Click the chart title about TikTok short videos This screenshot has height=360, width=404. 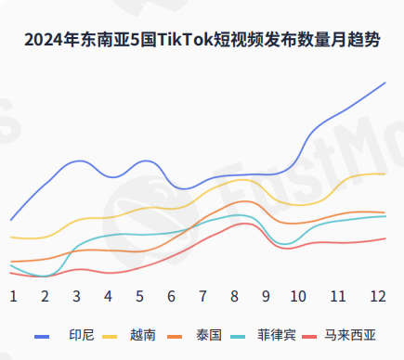pos(202,40)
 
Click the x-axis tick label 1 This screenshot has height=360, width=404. pos(14,296)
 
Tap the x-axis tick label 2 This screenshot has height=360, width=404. pos(45,296)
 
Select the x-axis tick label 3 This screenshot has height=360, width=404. pos(76,296)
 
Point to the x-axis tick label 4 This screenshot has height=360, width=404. pos(108,296)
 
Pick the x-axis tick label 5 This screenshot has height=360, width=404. pos(139,296)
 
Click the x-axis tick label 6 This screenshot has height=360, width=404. pos(171,296)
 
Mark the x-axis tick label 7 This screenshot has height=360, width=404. pos(202,296)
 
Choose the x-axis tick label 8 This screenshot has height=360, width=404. pos(234,296)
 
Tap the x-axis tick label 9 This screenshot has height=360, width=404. pos(266,296)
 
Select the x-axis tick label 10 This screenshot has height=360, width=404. pos(298,296)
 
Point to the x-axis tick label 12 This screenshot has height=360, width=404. pos(377,296)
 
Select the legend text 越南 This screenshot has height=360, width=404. pos(143,335)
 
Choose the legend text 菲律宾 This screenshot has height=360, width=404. pos(277,335)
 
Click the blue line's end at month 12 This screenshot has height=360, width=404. pos(385,83)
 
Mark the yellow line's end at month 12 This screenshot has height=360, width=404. pos(385,174)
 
